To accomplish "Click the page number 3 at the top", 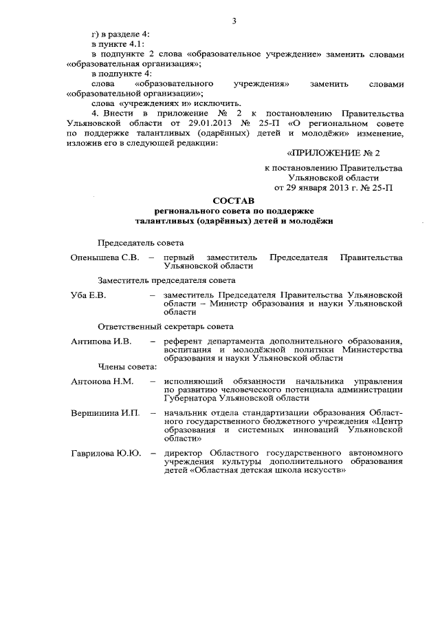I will tap(234, 21).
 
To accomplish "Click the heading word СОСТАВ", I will tap(234, 200).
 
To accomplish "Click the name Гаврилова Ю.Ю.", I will tap(107, 453).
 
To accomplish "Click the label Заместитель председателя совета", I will tap(167, 281).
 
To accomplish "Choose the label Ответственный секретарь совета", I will tap(166, 326).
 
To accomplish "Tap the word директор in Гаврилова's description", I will tap(184, 453).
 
